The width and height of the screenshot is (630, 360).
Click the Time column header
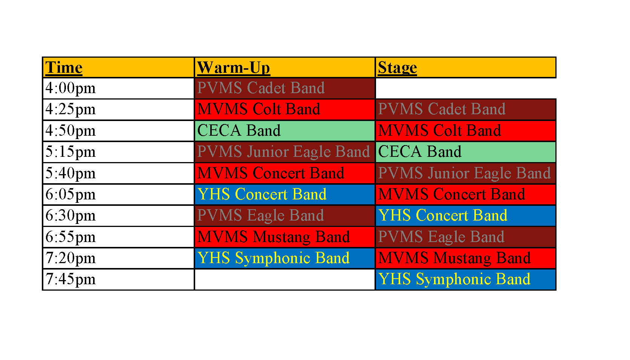(64, 67)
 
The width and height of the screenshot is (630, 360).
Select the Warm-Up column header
(234, 67)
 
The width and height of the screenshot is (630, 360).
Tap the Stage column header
(398, 67)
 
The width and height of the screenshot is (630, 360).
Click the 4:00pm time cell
(70, 88)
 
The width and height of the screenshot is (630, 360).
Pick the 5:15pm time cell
(70, 152)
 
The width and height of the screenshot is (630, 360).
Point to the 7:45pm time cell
(70, 279)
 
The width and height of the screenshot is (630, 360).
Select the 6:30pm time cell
(70, 216)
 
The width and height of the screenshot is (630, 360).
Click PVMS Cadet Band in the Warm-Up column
(261, 88)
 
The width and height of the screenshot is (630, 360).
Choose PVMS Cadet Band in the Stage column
(442, 109)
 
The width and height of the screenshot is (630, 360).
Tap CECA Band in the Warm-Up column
(239, 131)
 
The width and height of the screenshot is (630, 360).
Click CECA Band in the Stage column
(420, 152)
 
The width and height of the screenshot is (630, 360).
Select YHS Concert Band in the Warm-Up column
(262, 195)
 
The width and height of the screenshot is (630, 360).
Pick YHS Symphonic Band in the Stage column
(454, 279)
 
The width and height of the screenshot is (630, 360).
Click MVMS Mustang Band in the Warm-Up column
(274, 237)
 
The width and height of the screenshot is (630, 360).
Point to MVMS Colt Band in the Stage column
(440, 131)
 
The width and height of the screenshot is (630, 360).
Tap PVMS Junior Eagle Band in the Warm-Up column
(283, 152)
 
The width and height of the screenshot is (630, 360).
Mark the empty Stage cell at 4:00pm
(465, 88)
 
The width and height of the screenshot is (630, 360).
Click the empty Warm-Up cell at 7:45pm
(284, 279)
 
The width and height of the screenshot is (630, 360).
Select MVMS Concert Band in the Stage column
(451, 195)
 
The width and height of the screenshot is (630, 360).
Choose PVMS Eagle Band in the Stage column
(441, 237)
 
